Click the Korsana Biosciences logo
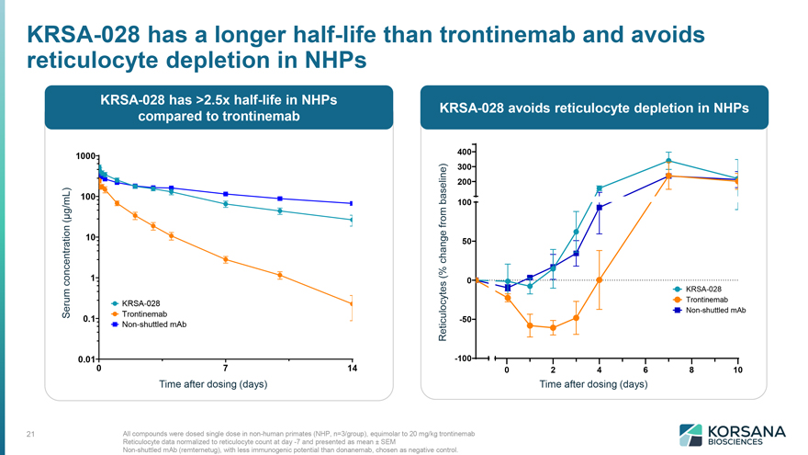(733, 435)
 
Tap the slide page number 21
(30, 434)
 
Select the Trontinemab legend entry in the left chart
(140, 313)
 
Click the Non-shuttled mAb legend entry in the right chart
(710, 310)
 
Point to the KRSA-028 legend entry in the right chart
(698, 289)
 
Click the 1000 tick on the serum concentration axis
(85, 155)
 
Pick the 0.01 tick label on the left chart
(86, 359)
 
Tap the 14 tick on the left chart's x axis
(352, 369)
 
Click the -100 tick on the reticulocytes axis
(463, 358)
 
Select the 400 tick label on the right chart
(465, 152)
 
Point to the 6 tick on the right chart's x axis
(645, 370)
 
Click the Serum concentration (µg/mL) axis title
(66, 253)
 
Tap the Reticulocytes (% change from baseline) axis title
(443, 252)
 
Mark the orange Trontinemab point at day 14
(352, 304)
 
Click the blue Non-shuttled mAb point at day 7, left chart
(225, 194)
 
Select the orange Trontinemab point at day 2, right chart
(553, 327)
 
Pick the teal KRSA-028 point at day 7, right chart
(668, 161)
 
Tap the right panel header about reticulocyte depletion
(594, 108)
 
